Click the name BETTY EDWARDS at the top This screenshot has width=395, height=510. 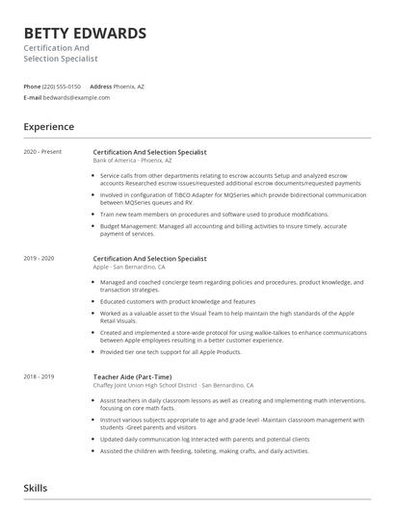point(85,34)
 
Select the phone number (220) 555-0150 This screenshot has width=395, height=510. point(63,86)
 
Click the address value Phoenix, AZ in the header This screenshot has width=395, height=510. point(129,86)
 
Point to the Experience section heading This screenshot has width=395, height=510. point(48,126)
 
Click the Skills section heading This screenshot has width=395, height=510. point(37,489)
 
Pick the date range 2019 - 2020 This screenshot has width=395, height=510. point(39,259)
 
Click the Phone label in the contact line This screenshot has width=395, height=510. point(32,86)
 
